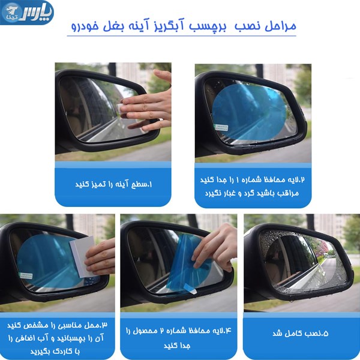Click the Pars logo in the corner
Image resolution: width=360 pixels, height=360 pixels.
[27, 12]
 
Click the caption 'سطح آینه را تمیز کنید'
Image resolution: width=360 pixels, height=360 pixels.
[113, 184]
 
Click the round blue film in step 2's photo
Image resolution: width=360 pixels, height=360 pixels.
[249, 112]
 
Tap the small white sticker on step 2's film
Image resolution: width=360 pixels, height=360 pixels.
[221, 127]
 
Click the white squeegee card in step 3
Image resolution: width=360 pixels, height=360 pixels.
[83, 257]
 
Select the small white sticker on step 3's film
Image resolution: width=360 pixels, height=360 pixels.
[26, 275]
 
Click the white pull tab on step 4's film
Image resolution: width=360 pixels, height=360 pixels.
[190, 289]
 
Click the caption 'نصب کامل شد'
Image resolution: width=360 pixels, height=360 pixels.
[301, 334]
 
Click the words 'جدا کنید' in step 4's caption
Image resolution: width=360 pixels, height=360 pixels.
[177, 346]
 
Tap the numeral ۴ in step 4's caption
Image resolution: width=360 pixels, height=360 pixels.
[228, 331]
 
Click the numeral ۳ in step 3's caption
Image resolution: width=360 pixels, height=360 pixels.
[104, 325]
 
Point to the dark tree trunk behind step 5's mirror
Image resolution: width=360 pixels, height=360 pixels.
[310, 222]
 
